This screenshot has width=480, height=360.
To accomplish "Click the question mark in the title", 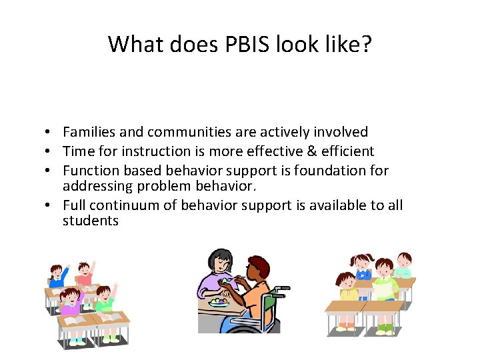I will point(367,44).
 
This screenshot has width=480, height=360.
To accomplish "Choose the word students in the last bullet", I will point(91,220).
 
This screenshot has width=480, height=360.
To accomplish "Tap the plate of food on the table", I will point(218,302).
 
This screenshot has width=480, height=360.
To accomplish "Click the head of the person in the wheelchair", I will point(256,270).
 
